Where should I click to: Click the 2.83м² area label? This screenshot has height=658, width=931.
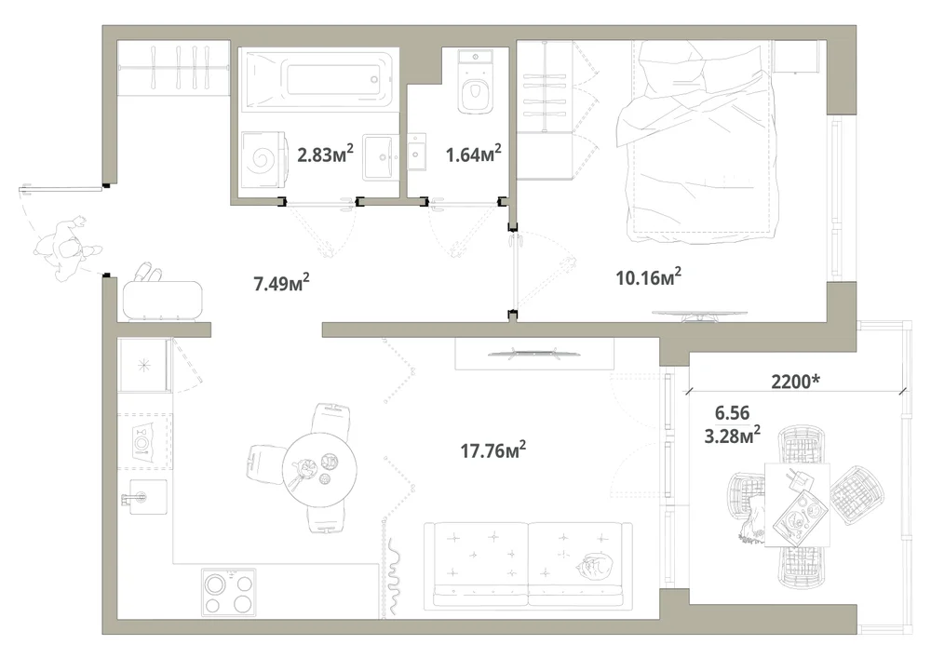click(325, 154)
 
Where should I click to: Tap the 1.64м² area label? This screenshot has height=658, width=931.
click(473, 154)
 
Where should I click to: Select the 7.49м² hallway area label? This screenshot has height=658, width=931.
click(281, 283)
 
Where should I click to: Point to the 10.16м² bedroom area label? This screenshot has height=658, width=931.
click(648, 277)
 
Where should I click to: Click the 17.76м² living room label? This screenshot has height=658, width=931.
click(493, 450)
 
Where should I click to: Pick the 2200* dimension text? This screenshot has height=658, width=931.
click(796, 381)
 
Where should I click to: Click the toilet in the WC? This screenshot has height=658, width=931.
click(476, 81)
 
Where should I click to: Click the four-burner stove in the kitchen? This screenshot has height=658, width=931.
click(229, 592)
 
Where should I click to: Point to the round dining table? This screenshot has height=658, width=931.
click(319, 470)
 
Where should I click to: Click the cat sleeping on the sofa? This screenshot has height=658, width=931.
click(594, 564)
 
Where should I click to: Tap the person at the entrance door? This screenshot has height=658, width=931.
click(66, 248)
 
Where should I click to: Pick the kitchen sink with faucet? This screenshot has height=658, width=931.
click(144, 497)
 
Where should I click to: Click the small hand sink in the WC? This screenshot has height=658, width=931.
click(417, 153)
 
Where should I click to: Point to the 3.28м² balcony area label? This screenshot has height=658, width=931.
click(733, 436)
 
